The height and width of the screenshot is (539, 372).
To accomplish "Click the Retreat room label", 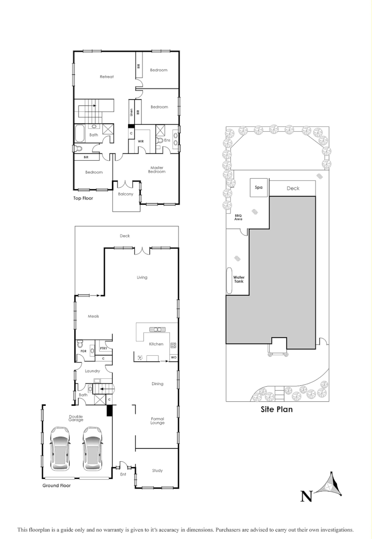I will (106, 77).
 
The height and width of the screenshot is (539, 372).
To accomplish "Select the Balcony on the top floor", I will (125, 194).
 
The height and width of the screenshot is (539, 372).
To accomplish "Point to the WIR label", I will (141, 142).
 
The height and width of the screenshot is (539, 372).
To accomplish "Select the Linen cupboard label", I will (131, 113).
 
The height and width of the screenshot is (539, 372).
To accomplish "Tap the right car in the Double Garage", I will (92, 448).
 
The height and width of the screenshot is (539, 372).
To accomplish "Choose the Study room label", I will (157, 471).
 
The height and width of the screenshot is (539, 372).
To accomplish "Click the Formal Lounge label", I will (157, 420).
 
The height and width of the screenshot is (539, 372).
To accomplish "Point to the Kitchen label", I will (156, 344).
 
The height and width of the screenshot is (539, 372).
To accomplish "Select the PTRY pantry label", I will (103, 348).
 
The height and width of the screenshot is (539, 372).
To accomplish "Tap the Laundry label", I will (92, 371).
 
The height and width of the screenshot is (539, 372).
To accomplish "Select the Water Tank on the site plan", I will (238, 279).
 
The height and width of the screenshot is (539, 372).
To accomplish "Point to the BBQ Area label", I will (238, 217).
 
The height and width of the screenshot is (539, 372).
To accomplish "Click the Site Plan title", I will (276, 409).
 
